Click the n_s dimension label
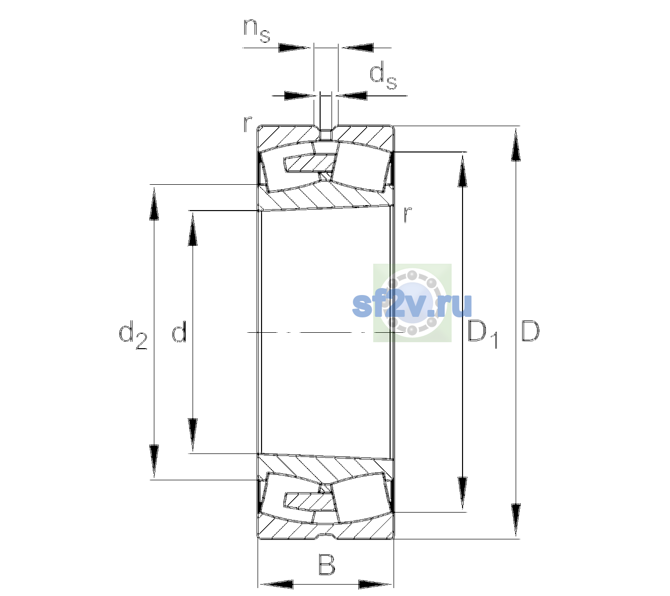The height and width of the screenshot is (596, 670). click(x=257, y=31)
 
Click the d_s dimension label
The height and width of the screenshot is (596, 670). click(x=383, y=78)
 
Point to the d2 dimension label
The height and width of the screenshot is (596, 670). click(x=133, y=335)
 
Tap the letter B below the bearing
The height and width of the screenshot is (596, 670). click(x=327, y=565)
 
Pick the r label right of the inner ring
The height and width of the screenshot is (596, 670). click(x=408, y=214)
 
